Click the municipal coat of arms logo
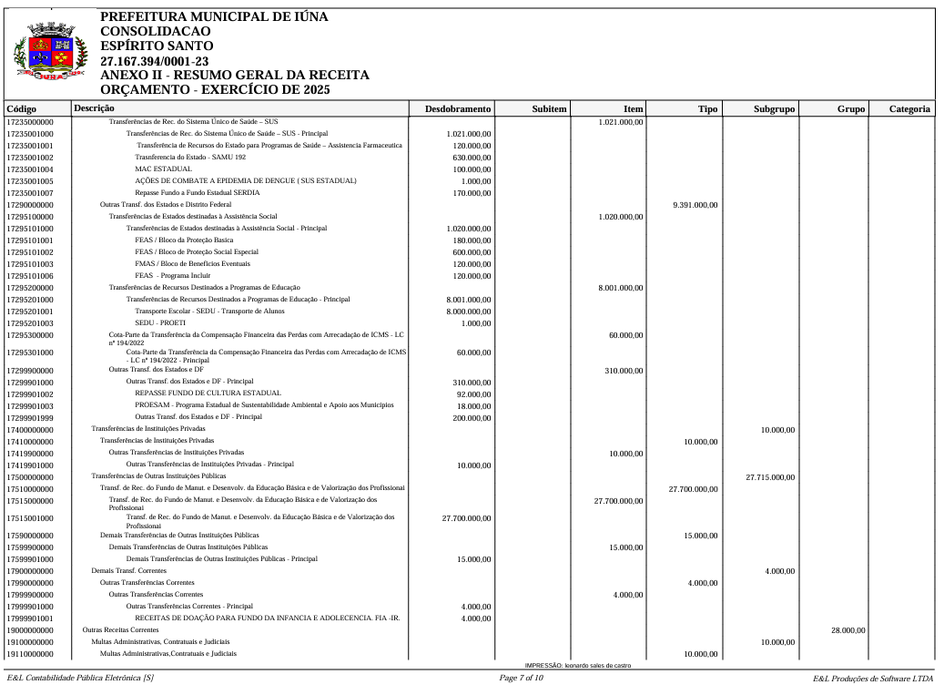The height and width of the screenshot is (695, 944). (x=51, y=54)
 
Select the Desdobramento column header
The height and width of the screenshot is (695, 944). (x=458, y=109)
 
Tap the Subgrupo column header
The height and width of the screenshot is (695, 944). (x=774, y=109)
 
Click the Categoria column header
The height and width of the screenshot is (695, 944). (x=909, y=109)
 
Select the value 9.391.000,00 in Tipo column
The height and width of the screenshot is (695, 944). (x=695, y=205)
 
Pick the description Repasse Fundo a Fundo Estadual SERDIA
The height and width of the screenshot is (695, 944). (x=197, y=193)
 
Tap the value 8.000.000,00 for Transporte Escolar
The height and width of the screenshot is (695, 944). (x=469, y=312)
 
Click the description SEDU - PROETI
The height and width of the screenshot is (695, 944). (x=159, y=323)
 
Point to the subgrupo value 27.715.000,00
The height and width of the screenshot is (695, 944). (x=770, y=477)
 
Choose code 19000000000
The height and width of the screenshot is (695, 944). (x=30, y=630)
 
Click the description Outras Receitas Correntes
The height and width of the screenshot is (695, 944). (x=120, y=630)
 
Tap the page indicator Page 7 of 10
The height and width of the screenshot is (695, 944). (x=522, y=679)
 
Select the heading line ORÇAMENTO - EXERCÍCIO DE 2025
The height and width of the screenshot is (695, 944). (x=215, y=89)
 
